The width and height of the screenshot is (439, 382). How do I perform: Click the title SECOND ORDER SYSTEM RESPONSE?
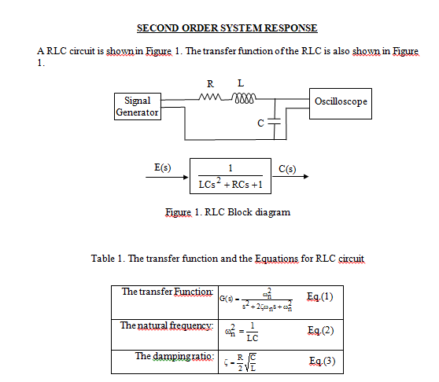(227, 28)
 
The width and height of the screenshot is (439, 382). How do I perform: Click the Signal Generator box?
(138, 107)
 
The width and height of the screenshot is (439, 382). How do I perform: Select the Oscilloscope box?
(341, 102)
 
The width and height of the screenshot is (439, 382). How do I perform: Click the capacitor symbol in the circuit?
(274, 123)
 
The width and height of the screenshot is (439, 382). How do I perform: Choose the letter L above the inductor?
(240, 83)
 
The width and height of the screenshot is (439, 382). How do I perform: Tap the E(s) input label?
(163, 167)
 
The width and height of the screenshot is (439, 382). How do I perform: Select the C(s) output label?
(288, 167)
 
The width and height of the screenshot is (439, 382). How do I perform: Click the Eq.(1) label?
(319, 296)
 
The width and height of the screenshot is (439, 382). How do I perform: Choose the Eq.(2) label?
(319, 331)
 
